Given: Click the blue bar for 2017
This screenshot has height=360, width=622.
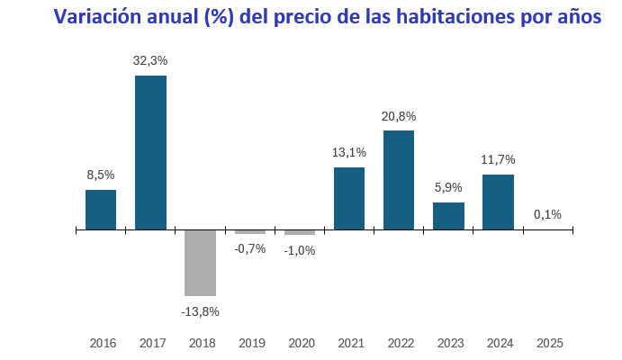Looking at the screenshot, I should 150,152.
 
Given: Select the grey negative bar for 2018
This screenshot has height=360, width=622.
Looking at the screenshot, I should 200,263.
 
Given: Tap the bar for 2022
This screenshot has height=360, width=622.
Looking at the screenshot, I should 399,180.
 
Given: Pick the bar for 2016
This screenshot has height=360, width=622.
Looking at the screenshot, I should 101,210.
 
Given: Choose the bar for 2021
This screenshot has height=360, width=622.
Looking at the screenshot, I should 349,198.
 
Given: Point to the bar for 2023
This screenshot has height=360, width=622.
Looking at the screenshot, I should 448,216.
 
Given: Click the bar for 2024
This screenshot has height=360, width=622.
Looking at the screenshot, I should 498,202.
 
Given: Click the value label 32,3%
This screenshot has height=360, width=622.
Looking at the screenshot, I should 150,60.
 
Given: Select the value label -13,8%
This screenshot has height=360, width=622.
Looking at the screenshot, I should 200,311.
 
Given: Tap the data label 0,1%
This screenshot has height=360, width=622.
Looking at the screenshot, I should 547,214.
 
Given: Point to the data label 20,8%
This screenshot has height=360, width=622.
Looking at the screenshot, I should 399,116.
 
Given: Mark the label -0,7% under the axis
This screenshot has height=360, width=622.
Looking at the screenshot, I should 249,248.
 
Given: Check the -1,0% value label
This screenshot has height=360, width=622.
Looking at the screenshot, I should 300,250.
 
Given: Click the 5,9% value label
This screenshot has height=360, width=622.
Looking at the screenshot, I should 448,187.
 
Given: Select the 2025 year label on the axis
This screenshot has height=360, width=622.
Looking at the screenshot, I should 549,343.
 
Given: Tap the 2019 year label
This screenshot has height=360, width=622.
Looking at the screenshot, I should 251,343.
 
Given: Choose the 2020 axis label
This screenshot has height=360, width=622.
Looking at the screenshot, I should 301,343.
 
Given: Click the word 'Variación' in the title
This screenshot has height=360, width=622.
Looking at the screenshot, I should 97,17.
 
